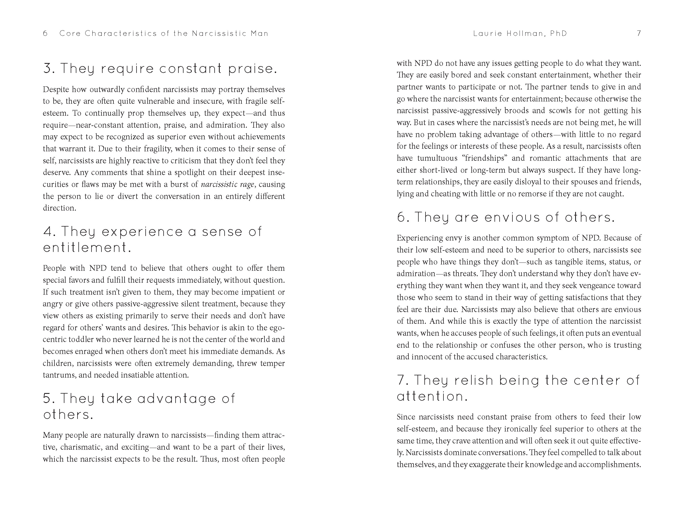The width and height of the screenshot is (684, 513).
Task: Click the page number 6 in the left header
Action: tap(45, 33)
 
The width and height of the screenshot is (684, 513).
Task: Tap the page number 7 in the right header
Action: tap(639, 33)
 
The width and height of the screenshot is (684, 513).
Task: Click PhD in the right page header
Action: tap(559, 33)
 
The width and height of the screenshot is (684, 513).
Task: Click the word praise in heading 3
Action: tap(252, 68)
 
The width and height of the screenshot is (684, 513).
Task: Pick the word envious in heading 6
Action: tap(512, 217)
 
